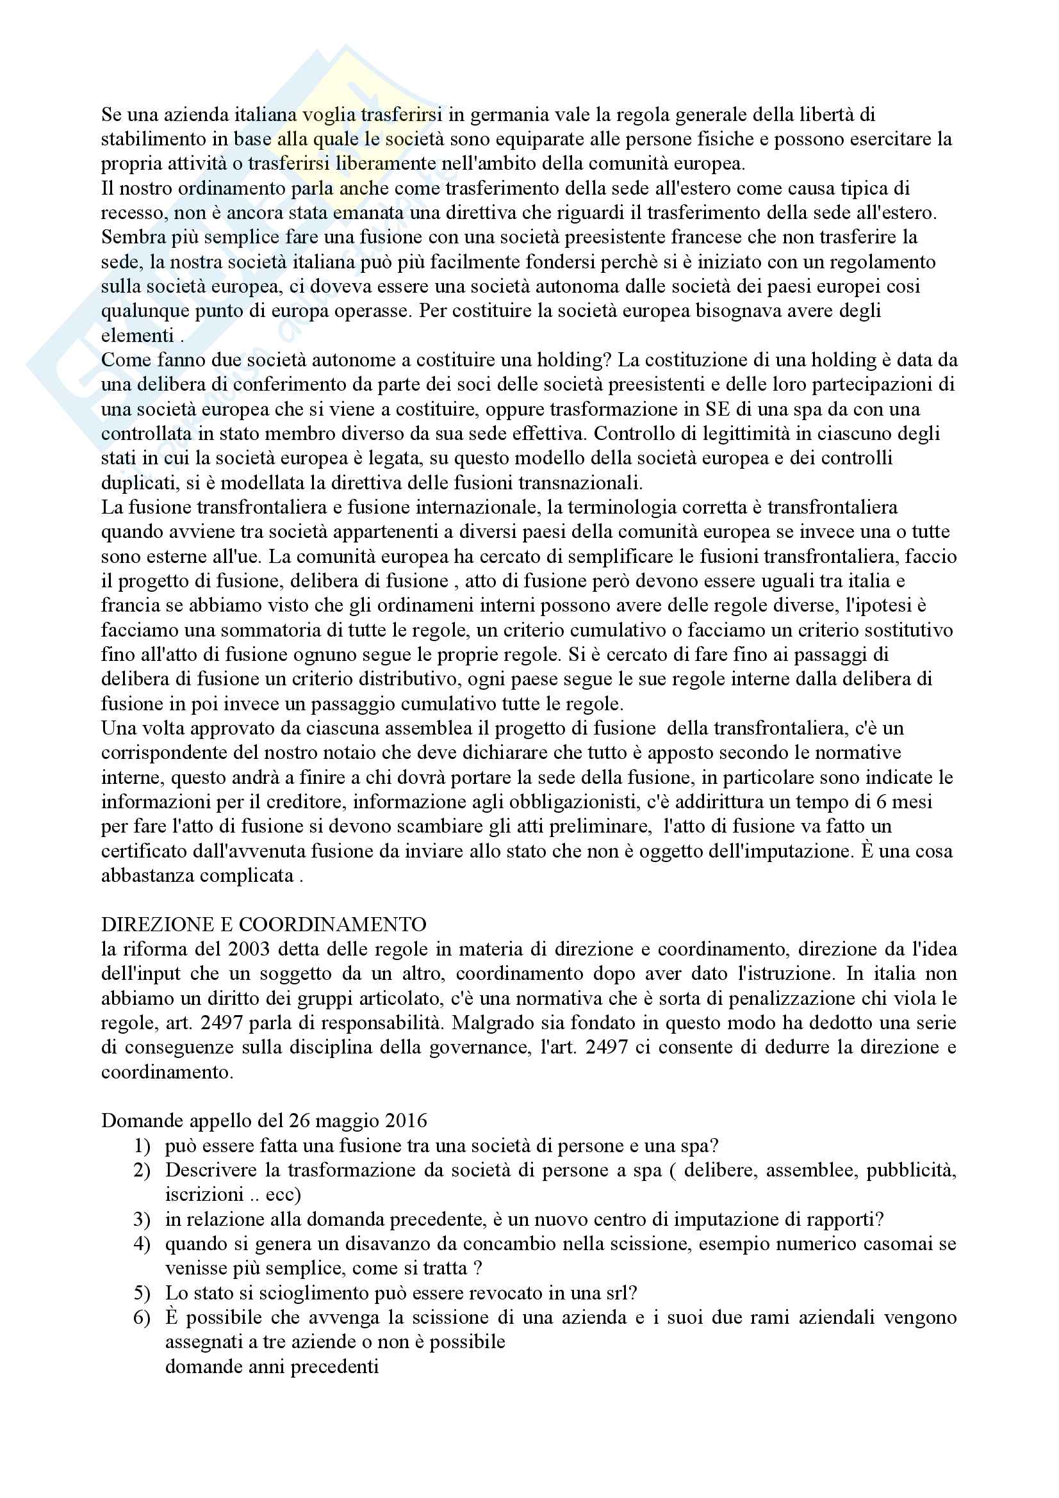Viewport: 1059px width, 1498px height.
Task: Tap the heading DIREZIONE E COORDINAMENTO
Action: click(x=263, y=925)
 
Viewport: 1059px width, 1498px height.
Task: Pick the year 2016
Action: click(x=404, y=1121)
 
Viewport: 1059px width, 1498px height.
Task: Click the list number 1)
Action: click(x=142, y=1146)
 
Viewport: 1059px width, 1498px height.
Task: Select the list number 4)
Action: click(x=142, y=1244)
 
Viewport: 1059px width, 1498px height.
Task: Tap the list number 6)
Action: click(x=142, y=1318)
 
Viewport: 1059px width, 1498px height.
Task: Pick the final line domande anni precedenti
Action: click(x=272, y=1367)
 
